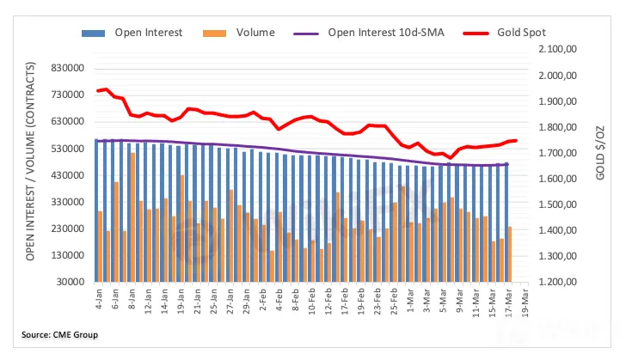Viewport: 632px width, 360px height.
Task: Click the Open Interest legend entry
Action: pos(142,33)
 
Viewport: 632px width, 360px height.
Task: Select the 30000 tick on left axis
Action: pos(73,282)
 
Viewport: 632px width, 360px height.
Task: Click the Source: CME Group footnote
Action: pos(60,334)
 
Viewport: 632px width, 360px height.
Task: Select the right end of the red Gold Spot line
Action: pos(514,140)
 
